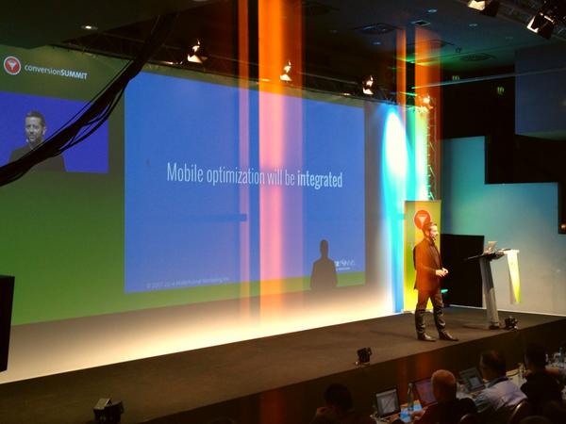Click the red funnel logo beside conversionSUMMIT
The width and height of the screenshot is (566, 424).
pyautogui.click(x=12, y=66)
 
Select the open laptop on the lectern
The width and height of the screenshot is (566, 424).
pyautogui.click(x=491, y=247)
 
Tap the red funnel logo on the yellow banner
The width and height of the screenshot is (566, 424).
pyautogui.click(x=422, y=220)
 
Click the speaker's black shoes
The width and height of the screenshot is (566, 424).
pyautogui.click(x=436, y=334)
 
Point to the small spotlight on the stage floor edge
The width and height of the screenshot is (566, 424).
pyautogui.click(x=363, y=355)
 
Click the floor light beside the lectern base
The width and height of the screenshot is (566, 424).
pyautogui.click(x=510, y=322)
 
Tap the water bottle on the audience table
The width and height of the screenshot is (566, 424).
pyautogui.click(x=405, y=412)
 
